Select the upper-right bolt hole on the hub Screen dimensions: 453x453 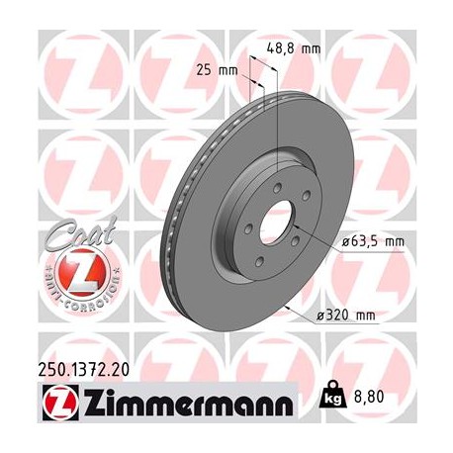[303, 202]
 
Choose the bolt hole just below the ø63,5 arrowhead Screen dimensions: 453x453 [299, 247]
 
